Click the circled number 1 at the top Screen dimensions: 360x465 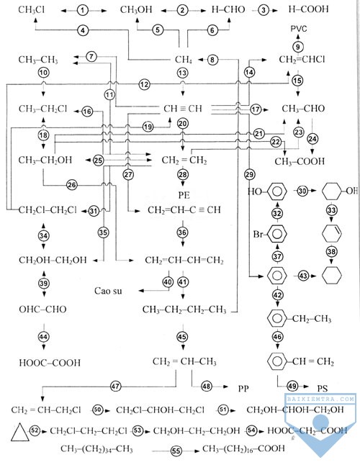click(83, 11)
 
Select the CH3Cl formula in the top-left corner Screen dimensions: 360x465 click(32, 10)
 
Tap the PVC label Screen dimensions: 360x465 click(299, 29)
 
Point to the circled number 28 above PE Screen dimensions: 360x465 click(183, 174)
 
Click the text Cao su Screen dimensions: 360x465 click(108, 291)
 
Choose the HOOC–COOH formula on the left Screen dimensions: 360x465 click(50, 363)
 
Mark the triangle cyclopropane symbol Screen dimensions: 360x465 click(20, 433)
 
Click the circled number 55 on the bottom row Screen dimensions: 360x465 click(176, 451)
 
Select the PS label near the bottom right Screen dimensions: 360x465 click(323, 389)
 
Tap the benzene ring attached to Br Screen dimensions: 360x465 click(277, 234)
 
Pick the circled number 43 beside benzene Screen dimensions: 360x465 click(303, 276)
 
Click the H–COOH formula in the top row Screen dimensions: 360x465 click(308, 9)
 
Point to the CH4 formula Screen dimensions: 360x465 click(184, 60)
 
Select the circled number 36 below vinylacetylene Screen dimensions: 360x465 click(182, 232)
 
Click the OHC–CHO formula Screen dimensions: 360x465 click(42, 310)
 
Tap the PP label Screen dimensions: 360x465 click(243, 388)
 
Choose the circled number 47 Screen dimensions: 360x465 click(116, 387)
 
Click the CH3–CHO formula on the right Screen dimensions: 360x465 click(303, 109)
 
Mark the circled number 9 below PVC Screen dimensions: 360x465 click(298, 47)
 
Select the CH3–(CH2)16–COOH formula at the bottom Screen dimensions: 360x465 click(243, 449)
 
